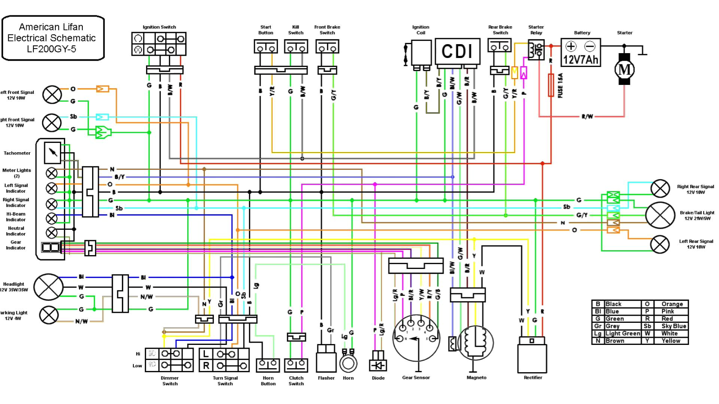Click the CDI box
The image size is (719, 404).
(x=457, y=51)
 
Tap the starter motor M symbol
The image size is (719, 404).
(x=624, y=69)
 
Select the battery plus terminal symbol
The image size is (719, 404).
(x=571, y=46)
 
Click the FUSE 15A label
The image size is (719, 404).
(x=560, y=86)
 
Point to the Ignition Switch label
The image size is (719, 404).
(x=159, y=27)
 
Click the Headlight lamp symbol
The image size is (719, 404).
(x=49, y=287)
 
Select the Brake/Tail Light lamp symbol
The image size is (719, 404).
(x=660, y=215)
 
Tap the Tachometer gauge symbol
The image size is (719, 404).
(x=52, y=153)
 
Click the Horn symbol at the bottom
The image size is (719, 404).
(x=348, y=363)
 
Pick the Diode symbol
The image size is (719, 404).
(x=378, y=365)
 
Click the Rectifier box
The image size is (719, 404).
(x=532, y=357)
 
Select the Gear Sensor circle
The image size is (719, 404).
(x=416, y=338)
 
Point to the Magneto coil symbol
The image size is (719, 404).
(x=476, y=343)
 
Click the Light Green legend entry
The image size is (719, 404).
(x=623, y=333)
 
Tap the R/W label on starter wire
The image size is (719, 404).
(x=587, y=116)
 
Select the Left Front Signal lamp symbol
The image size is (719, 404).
(x=52, y=95)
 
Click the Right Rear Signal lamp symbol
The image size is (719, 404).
(x=660, y=189)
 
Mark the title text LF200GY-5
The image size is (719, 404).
(x=51, y=49)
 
